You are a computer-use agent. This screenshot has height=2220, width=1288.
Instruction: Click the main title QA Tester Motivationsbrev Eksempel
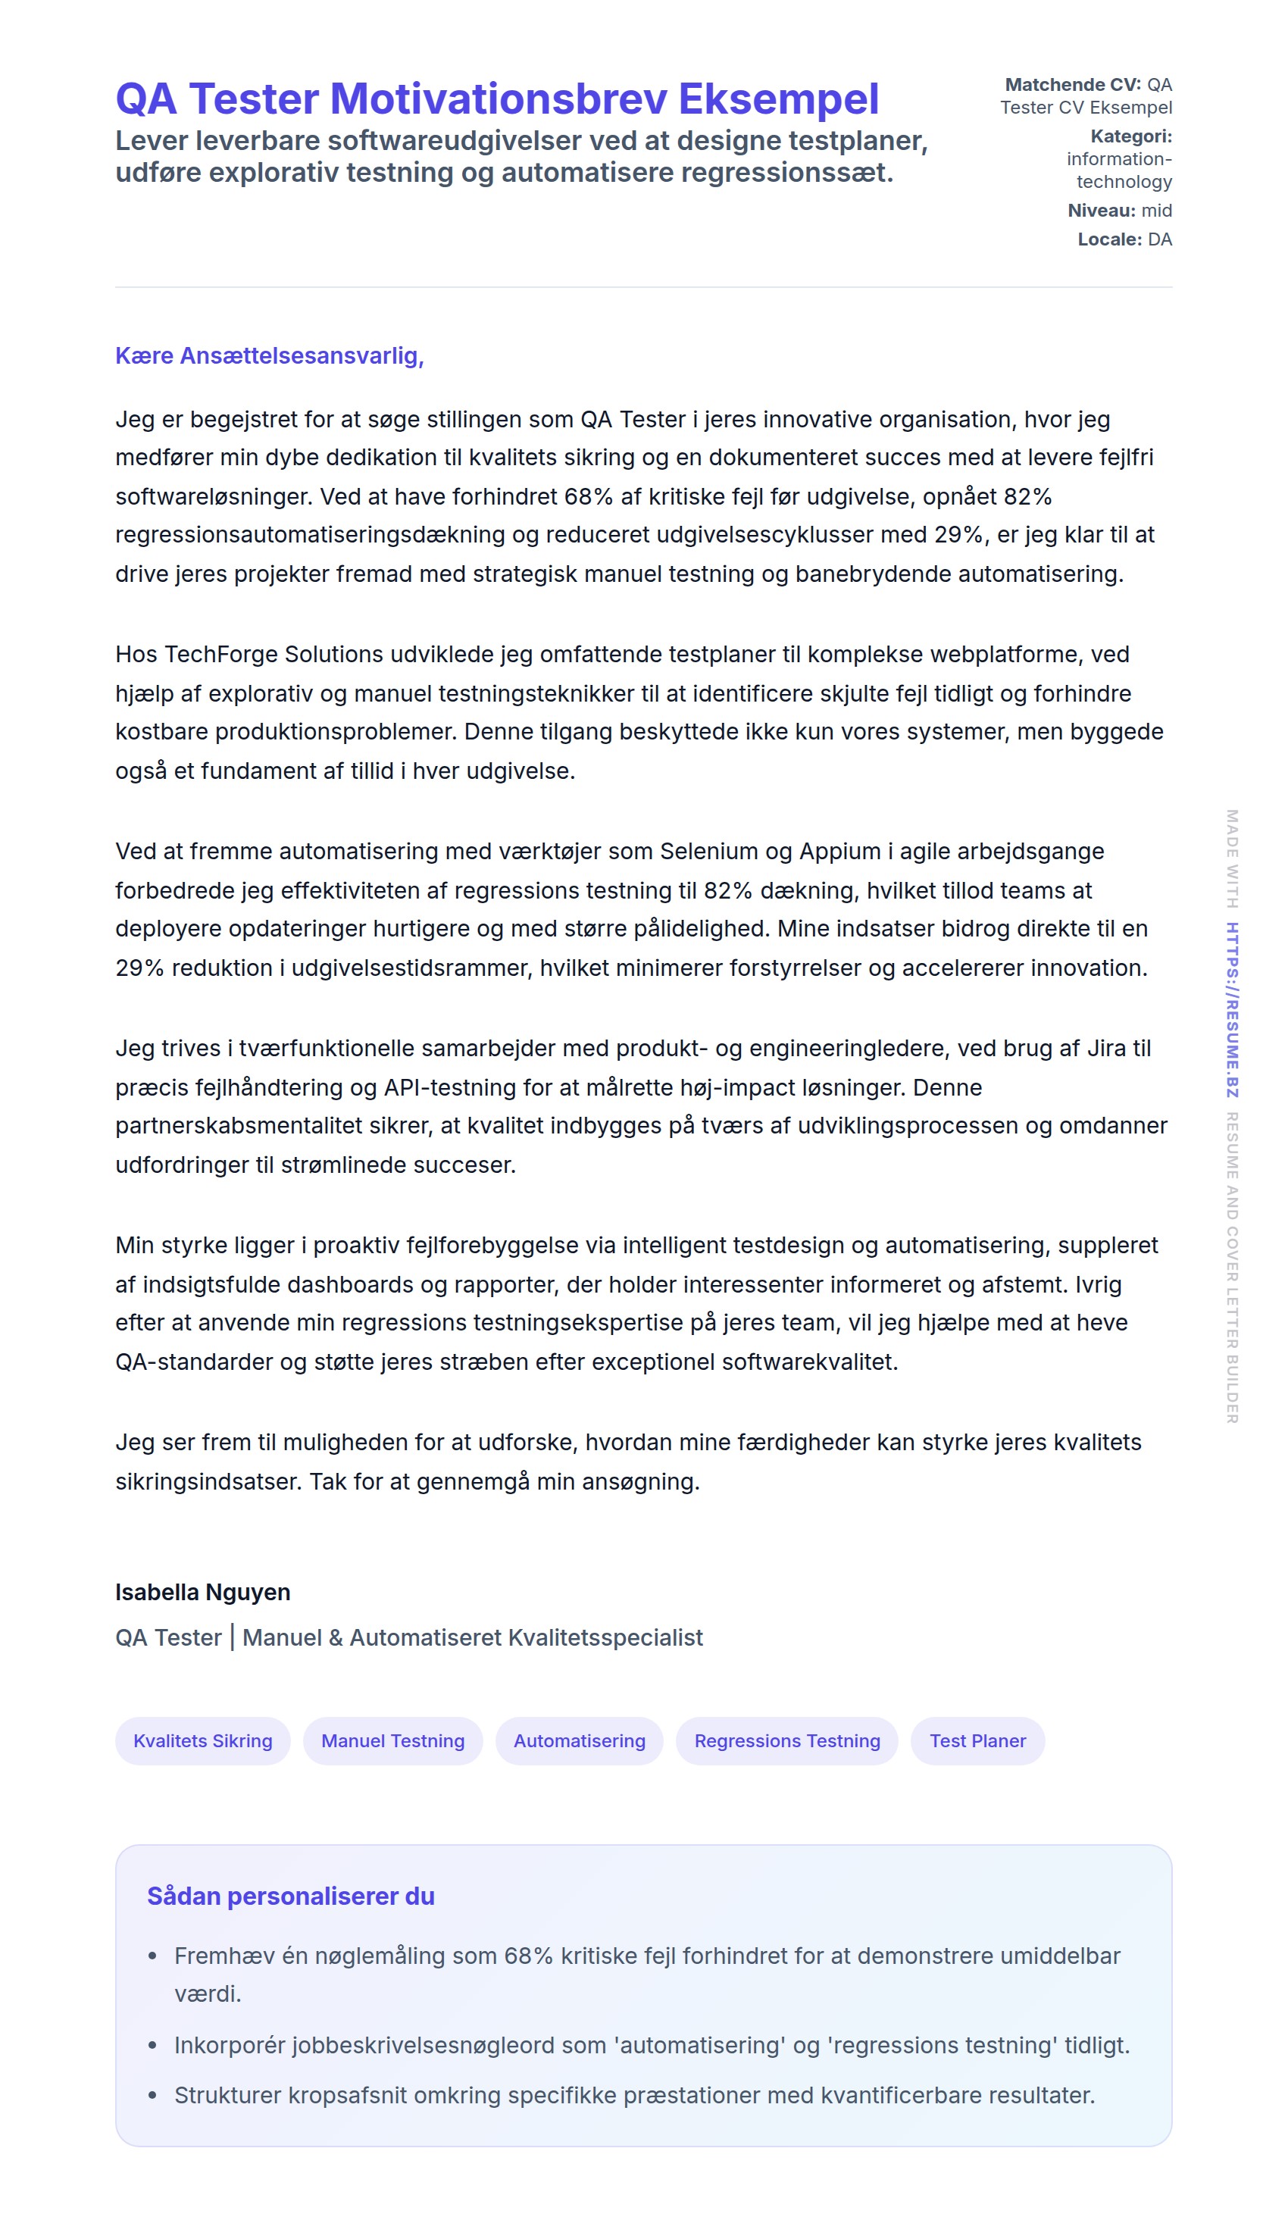click(x=497, y=98)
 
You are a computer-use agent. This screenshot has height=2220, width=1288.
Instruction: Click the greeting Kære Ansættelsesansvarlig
click(x=270, y=356)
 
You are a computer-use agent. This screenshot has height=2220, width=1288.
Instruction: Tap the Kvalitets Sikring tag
click(x=202, y=1740)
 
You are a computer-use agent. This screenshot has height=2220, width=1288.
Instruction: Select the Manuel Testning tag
click(x=393, y=1740)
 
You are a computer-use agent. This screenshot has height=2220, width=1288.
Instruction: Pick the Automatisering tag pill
click(x=579, y=1740)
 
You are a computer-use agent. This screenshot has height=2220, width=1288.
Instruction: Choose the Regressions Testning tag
click(x=786, y=1740)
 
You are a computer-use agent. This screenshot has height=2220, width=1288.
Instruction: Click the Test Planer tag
click(x=977, y=1740)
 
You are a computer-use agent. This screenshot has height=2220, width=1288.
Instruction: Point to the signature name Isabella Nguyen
click(x=202, y=1592)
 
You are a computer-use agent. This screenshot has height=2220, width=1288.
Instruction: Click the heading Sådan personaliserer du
click(x=291, y=1896)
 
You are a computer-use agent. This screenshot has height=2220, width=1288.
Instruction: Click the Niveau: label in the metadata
click(x=1101, y=211)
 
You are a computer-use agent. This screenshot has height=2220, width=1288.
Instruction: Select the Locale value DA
click(x=1159, y=239)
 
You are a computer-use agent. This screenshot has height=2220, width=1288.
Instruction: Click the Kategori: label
click(x=1130, y=136)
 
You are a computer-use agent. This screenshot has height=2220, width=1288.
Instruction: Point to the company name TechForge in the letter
click(x=221, y=655)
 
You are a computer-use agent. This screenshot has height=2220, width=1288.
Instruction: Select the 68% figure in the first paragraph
click(x=589, y=497)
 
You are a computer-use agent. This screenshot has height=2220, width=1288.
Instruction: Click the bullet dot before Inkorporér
click(x=152, y=2046)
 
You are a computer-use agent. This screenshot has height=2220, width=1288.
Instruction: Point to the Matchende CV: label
click(x=1072, y=85)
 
